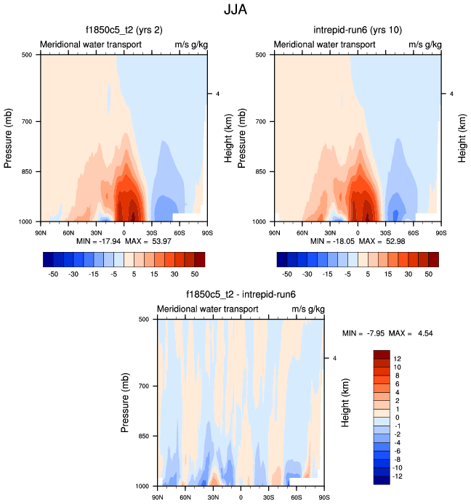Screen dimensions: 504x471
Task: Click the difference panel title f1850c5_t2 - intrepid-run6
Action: coord(241,295)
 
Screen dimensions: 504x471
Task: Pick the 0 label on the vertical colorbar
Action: coord(396,418)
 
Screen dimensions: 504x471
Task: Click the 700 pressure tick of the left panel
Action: coord(29,121)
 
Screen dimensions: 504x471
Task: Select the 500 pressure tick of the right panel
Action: coord(263,54)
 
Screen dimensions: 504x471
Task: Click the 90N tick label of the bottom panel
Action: coord(158,497)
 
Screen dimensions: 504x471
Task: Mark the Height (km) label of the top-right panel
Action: coord(462,137)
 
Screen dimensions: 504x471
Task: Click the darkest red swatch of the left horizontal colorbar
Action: coord(200,259)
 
